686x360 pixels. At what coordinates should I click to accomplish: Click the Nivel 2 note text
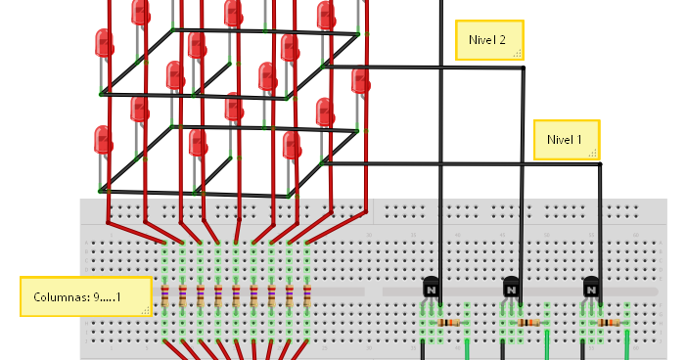click(x=487, y=40)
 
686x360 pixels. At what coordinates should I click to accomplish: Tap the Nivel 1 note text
click(x=565, y=139)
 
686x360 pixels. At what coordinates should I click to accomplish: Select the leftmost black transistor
click(x=431, y=289)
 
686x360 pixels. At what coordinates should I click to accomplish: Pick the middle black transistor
click(x=512, y=289)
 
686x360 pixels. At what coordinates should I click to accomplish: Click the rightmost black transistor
click(x=592, y=289)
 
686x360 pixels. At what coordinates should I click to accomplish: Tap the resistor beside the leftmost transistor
click(x=449, y=322)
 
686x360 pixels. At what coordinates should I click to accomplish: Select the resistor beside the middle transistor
click(x=529, y=322)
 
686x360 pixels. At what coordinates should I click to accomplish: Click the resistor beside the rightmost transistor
click(x=609, y=322)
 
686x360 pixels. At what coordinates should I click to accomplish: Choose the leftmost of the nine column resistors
click(x=164, y=294)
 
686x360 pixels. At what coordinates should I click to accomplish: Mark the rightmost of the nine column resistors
click(x=307, y=294)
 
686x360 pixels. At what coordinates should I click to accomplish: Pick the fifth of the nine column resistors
click(x=236, y=294)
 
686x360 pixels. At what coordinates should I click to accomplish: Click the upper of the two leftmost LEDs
click(x=104, y=44)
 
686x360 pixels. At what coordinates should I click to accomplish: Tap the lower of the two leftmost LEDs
click(x=103, y=141)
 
